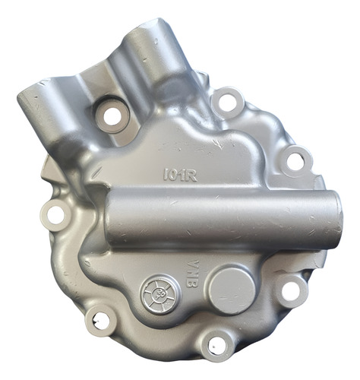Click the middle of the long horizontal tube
tap(220, 218)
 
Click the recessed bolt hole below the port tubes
tap(112, 116)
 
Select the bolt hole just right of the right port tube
tap(226, 102)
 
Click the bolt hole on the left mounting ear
tap(55, 215)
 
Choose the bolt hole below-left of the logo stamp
tap(99, 320)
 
